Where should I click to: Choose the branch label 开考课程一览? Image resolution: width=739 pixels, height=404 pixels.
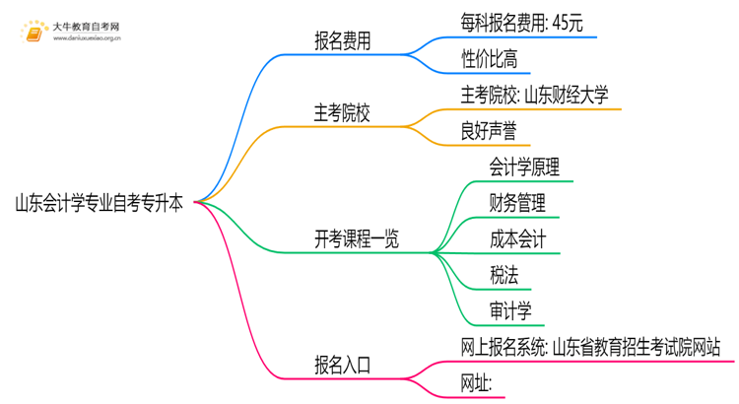pyautogui.click(x=357, y=239)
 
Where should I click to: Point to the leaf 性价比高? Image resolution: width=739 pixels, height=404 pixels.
pyautogui.click(x=489, y=59)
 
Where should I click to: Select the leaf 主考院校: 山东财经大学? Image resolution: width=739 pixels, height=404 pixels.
pyautogui.click(x=534, y=95)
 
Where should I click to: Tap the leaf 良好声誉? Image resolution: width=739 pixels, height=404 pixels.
pyautogui.click(x=489, y=131)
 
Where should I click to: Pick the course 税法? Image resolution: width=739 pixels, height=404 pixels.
pyautogui.click(x=504, y=275)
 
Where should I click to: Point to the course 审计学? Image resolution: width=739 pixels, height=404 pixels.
pyautogui.click(x=510, y=310)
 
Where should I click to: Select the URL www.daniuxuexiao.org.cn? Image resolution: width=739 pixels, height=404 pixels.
pyautogui.click(x=86, y=40)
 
